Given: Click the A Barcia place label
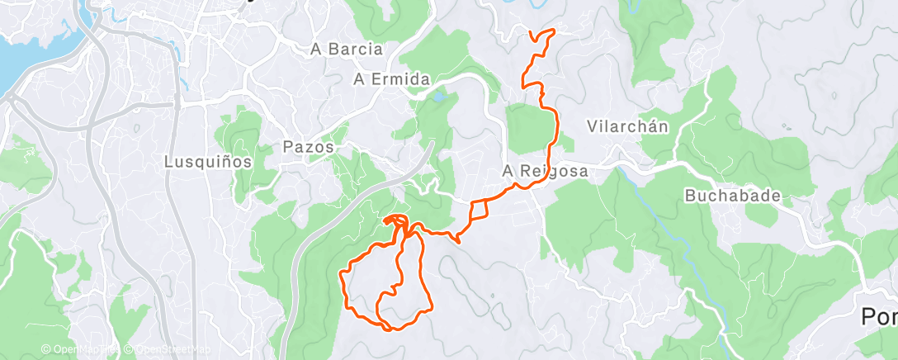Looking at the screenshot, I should click(x=347, y=50).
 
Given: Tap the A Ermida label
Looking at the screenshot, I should click(x=392, y=79).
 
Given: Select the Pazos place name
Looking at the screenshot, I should click(x=308, y=147).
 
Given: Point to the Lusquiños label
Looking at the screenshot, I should click(x=207, y=162).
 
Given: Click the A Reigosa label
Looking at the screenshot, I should click(x=546, y=171).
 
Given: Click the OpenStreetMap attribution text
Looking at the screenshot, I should click(x=169, y=349).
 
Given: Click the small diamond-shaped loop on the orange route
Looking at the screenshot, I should click(x=480, y=211).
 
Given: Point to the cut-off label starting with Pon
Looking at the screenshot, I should click(x=879, y=316).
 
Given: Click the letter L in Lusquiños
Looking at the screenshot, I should click(x=168, y=162).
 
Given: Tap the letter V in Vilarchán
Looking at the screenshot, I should click(x=592, y=126).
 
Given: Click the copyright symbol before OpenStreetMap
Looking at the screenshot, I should click(x=130, y=349).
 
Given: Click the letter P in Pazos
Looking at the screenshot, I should click(x=287, y=147).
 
